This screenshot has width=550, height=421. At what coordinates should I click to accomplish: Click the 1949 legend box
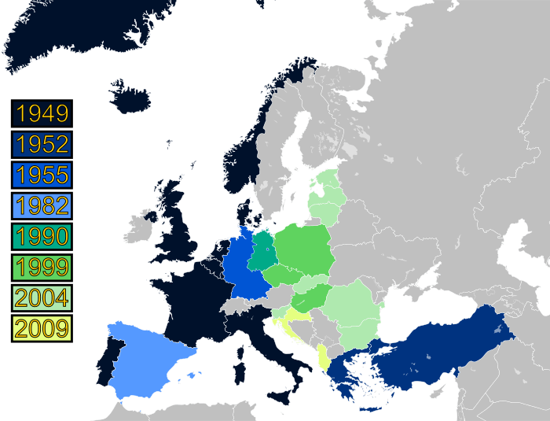point(42,114)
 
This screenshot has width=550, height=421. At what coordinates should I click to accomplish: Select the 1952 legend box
point(42,145)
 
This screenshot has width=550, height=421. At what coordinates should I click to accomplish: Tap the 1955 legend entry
point(42,175)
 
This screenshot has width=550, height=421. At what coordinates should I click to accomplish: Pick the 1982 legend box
point(42,205)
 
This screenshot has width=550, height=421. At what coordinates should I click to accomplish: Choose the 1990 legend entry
point(42,235)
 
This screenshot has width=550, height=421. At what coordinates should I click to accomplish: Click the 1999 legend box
point(42,266)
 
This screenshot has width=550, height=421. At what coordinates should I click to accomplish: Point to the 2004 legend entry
point(42,297)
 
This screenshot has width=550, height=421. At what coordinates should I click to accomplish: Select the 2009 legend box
point(42,327)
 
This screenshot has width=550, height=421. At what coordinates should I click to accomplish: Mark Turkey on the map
point(440,346)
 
